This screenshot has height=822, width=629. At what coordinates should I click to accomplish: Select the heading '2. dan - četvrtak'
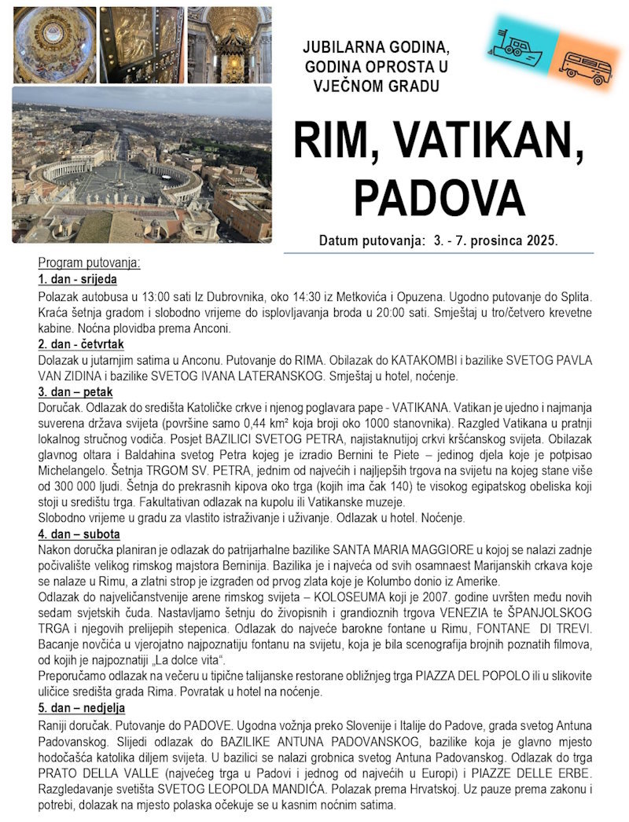79,344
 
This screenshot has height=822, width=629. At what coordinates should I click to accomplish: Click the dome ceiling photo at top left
54,45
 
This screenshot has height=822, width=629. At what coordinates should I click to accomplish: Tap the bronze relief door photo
142,45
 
